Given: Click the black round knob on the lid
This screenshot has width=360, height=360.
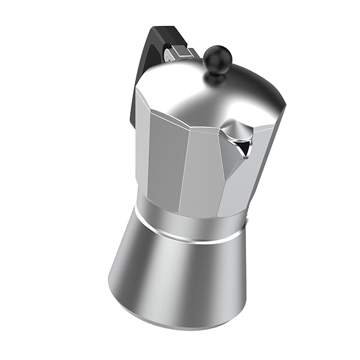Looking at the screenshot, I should (217, 58).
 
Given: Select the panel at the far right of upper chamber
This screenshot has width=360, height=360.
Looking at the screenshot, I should (264, 156).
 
